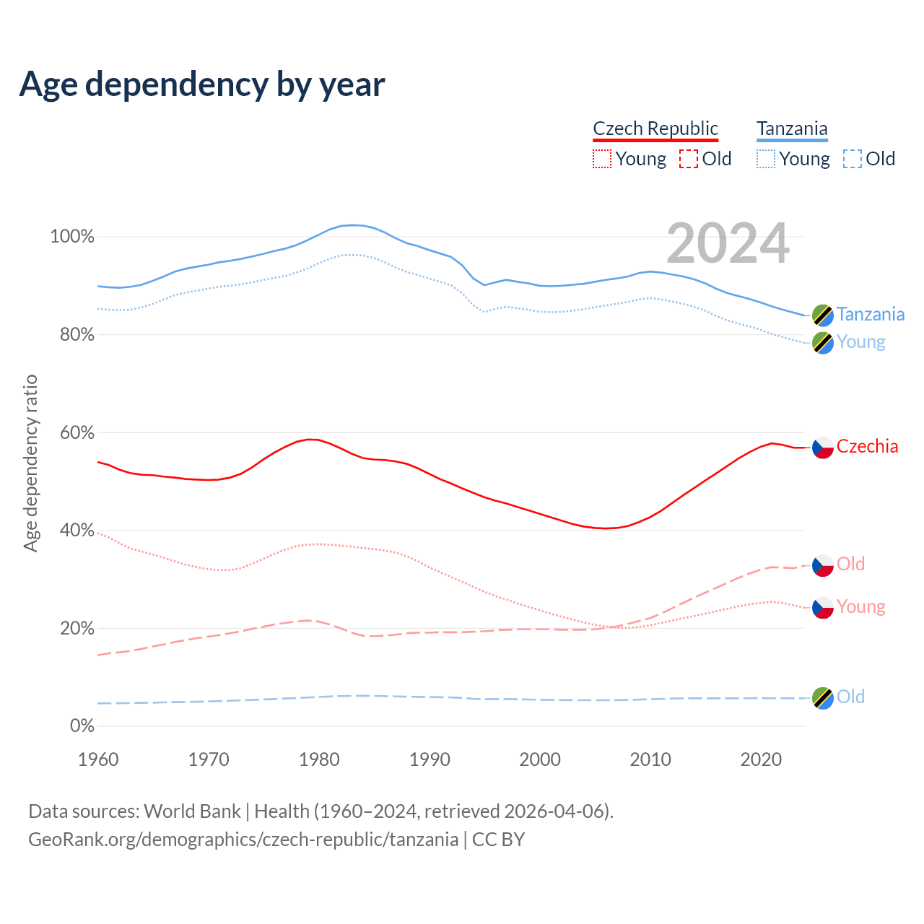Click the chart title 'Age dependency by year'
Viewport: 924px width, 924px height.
(202, 84)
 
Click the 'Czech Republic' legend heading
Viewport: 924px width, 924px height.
(655, 128)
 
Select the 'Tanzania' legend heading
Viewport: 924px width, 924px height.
(792, 128)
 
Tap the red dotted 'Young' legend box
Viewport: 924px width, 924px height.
(601, 159)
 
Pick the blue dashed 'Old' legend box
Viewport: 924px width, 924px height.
(853, 159)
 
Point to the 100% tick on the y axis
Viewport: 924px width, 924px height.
(72, 237)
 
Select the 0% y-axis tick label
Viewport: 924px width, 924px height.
(82, 725)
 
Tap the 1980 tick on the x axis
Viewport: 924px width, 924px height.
(319, 759)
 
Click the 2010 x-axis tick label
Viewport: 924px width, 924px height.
(650, 759)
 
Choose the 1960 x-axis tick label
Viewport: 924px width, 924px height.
(98, 759)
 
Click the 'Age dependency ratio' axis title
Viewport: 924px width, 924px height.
(30, 463)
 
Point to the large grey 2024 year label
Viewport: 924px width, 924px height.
(728, 243)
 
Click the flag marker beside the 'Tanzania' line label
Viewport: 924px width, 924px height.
(823, 315)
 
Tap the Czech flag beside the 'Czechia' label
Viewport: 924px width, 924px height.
(823, 448)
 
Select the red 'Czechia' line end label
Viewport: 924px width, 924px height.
(867, 447)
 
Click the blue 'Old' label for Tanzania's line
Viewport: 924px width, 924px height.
(850, 697)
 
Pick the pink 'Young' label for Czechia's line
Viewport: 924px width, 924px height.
(860, 606)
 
